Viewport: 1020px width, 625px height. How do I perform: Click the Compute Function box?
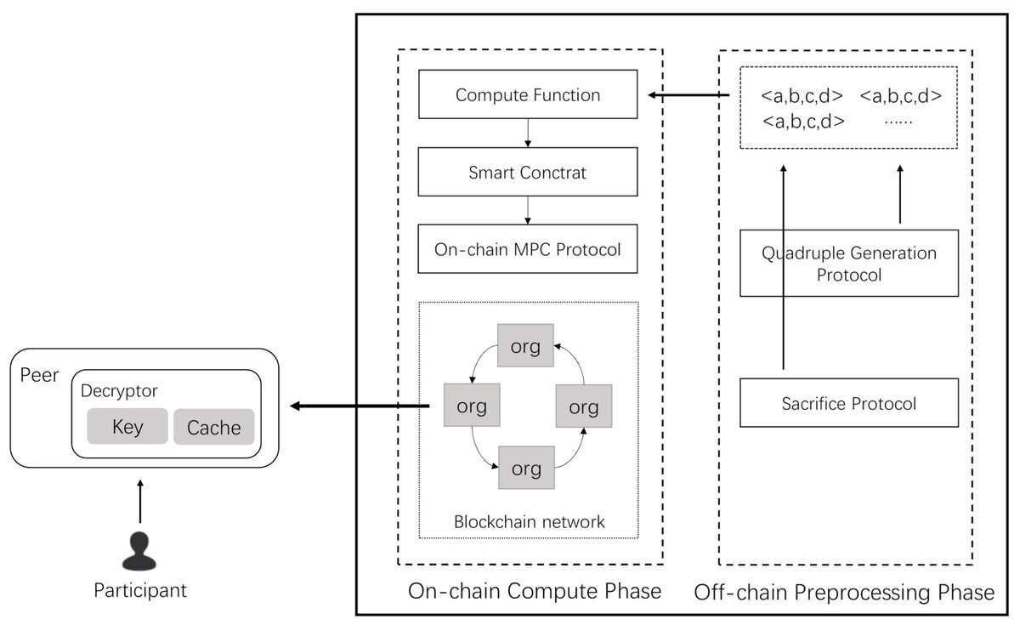pos(528,95)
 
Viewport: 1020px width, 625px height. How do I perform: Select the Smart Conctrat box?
pos(528,173)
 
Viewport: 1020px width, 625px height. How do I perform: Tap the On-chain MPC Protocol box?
pos(528,250)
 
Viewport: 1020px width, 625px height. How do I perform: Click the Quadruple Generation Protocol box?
pos(850,264)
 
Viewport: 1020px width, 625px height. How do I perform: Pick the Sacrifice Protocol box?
pos(850,403)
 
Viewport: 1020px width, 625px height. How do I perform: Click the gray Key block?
pos(127,427)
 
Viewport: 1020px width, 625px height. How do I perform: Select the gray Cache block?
pos(214,427)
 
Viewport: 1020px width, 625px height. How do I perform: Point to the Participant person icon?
pos(140,551)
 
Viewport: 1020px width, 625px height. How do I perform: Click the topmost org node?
pos(525,347)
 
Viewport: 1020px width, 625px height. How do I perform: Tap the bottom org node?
pos(525,467)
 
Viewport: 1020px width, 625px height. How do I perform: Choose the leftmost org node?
pos(471,406)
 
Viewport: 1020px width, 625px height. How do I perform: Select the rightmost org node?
pos(583,406)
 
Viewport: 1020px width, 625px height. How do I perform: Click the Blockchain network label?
pos(528,521)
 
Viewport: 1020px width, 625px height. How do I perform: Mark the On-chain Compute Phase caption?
pos(535,591)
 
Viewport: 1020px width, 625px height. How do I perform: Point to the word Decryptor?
pos(120,392)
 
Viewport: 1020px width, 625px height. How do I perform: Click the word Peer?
pos(38,375)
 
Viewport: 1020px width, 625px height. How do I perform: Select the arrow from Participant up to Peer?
pos(140,502)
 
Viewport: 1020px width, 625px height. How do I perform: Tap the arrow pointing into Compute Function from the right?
pos(688,95)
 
